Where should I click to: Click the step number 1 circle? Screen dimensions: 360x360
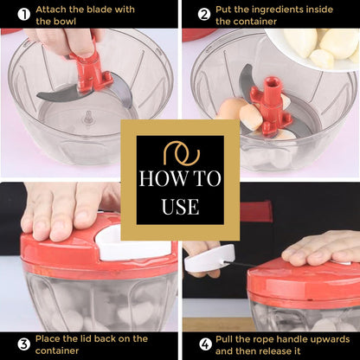[24, 15]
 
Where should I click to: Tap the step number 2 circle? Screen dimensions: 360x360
[204, 15]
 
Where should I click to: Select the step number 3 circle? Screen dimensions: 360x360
[24, 344]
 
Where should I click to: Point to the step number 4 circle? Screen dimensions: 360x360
[205, 344]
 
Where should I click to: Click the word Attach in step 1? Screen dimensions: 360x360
[51, 10]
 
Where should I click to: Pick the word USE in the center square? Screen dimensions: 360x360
[180, 207]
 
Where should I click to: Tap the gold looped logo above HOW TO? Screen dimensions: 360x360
[182, 153]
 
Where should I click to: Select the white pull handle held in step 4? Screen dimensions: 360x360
[209, 258]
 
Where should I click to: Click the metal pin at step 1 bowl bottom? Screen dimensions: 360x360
[87, 118]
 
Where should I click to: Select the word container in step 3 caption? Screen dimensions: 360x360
[57, 350]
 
